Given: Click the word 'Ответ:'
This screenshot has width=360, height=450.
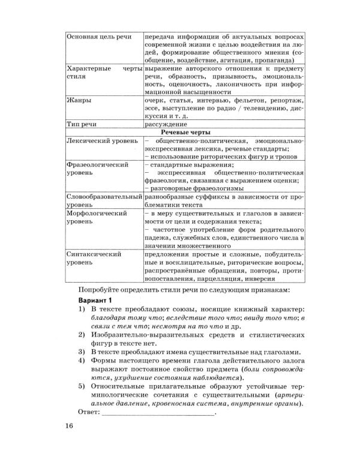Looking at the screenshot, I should pyautogui.click(x=89, y=412).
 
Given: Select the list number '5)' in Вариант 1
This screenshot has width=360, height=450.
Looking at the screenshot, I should pyautogui.click(x=82, y=387).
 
